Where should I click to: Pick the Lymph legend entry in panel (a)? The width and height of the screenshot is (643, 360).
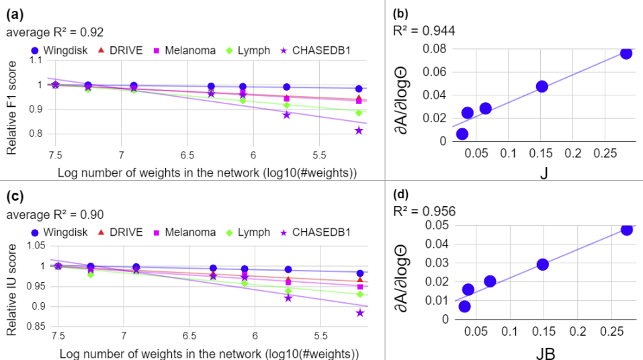pyautogui.click(x=249, y=50)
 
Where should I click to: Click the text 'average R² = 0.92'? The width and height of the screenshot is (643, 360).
pyautogui.click(x=55, y=32)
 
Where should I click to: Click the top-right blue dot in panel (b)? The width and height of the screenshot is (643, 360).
pyautogui.click(x=626, y=53)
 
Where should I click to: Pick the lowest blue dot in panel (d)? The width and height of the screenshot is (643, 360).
pyautogui.click(x=464, y=306)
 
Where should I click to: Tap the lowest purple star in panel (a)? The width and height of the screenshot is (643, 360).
pyautogui.click(x=359, y=130)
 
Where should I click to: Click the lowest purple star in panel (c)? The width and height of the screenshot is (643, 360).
pyautogui.click(x=360, y=313)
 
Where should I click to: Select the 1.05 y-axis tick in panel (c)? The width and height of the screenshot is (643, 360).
pyautogui.click(x=35, y=246)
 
